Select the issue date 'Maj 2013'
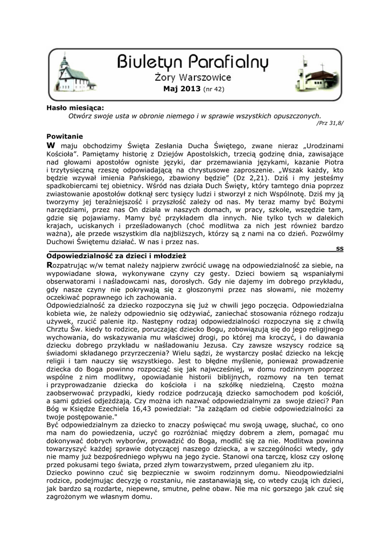coord(182,89)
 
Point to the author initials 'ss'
coord(339,249)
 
